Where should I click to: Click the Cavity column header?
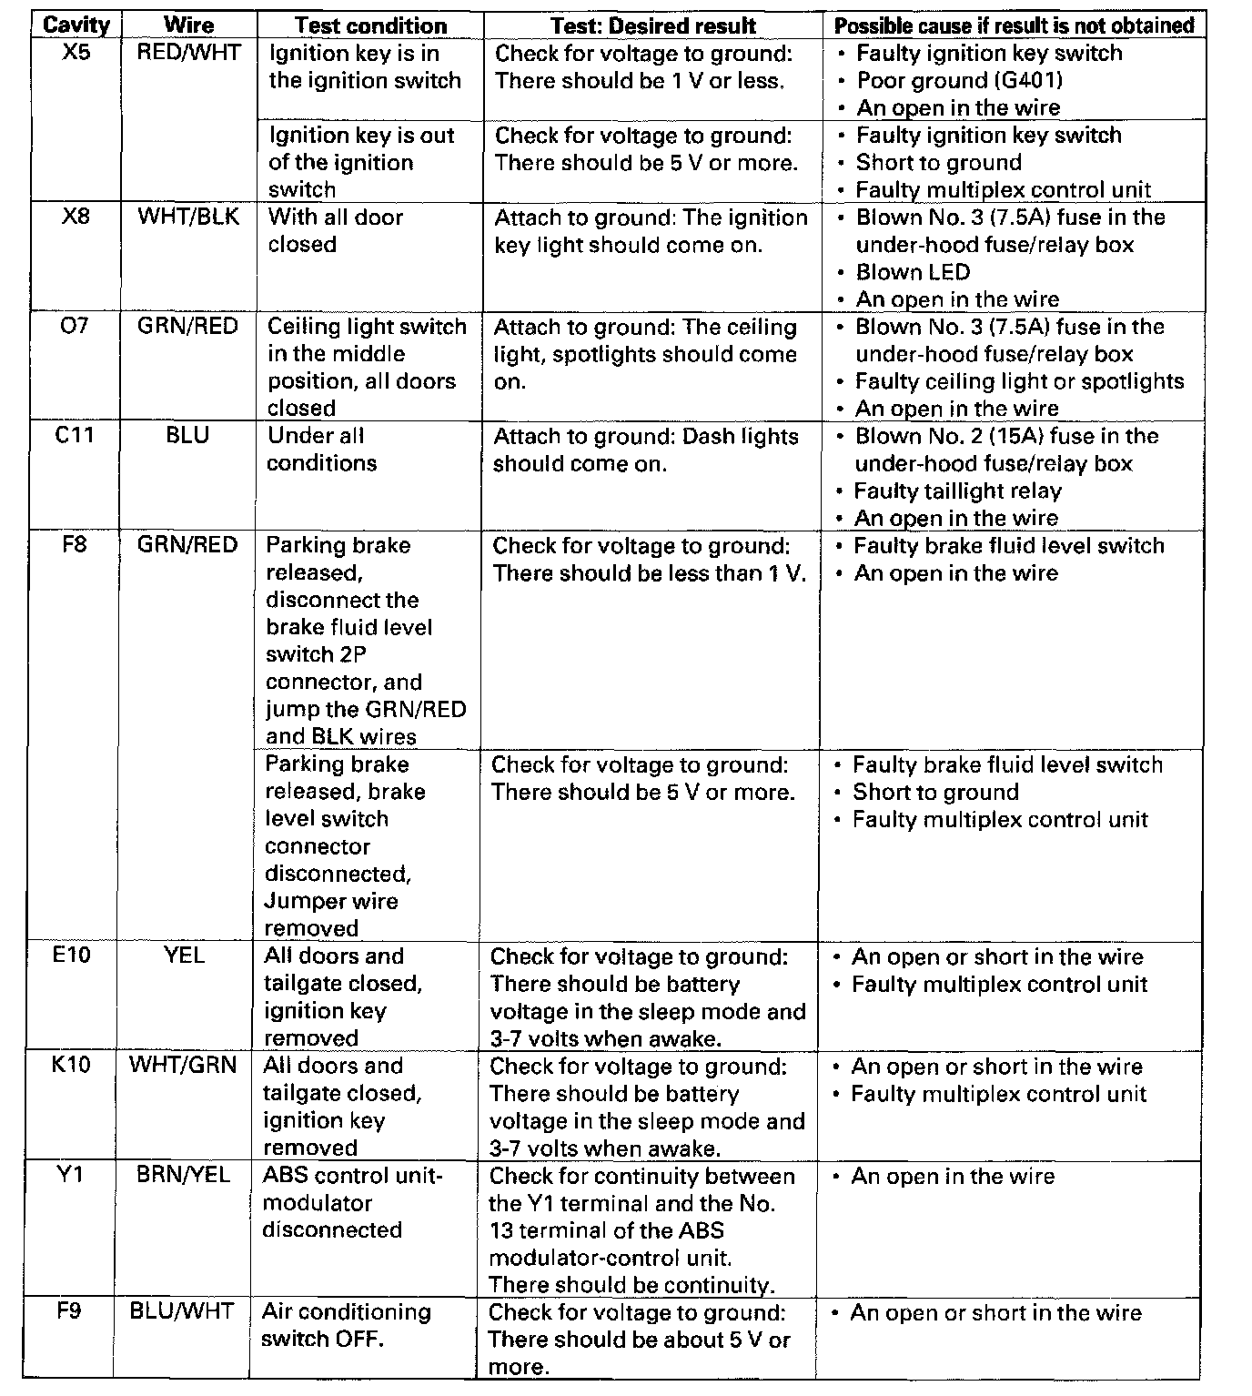tap(76, 25)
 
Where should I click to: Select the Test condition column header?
tap(370, 25)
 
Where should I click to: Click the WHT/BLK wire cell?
tap(188, 217)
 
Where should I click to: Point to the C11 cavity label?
tap(75, 436)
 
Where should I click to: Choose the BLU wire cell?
tap(187, 436)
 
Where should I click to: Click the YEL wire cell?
tap(185, 956)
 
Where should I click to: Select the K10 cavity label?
tap(71, 1065)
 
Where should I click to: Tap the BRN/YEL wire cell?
tap(183, 1175)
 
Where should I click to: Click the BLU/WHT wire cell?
tap(182, 1311)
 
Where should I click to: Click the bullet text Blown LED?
tap(913, 272)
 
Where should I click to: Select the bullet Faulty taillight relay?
tap(957, 491)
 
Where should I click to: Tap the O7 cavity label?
tap(75, 326)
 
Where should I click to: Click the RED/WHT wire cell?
tap(189, 53)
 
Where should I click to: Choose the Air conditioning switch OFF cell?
tap(345, 1325)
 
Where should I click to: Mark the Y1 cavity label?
tap(70, 1175)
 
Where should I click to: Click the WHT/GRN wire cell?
tap(183, 1065)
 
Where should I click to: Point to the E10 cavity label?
tap(72, 956)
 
